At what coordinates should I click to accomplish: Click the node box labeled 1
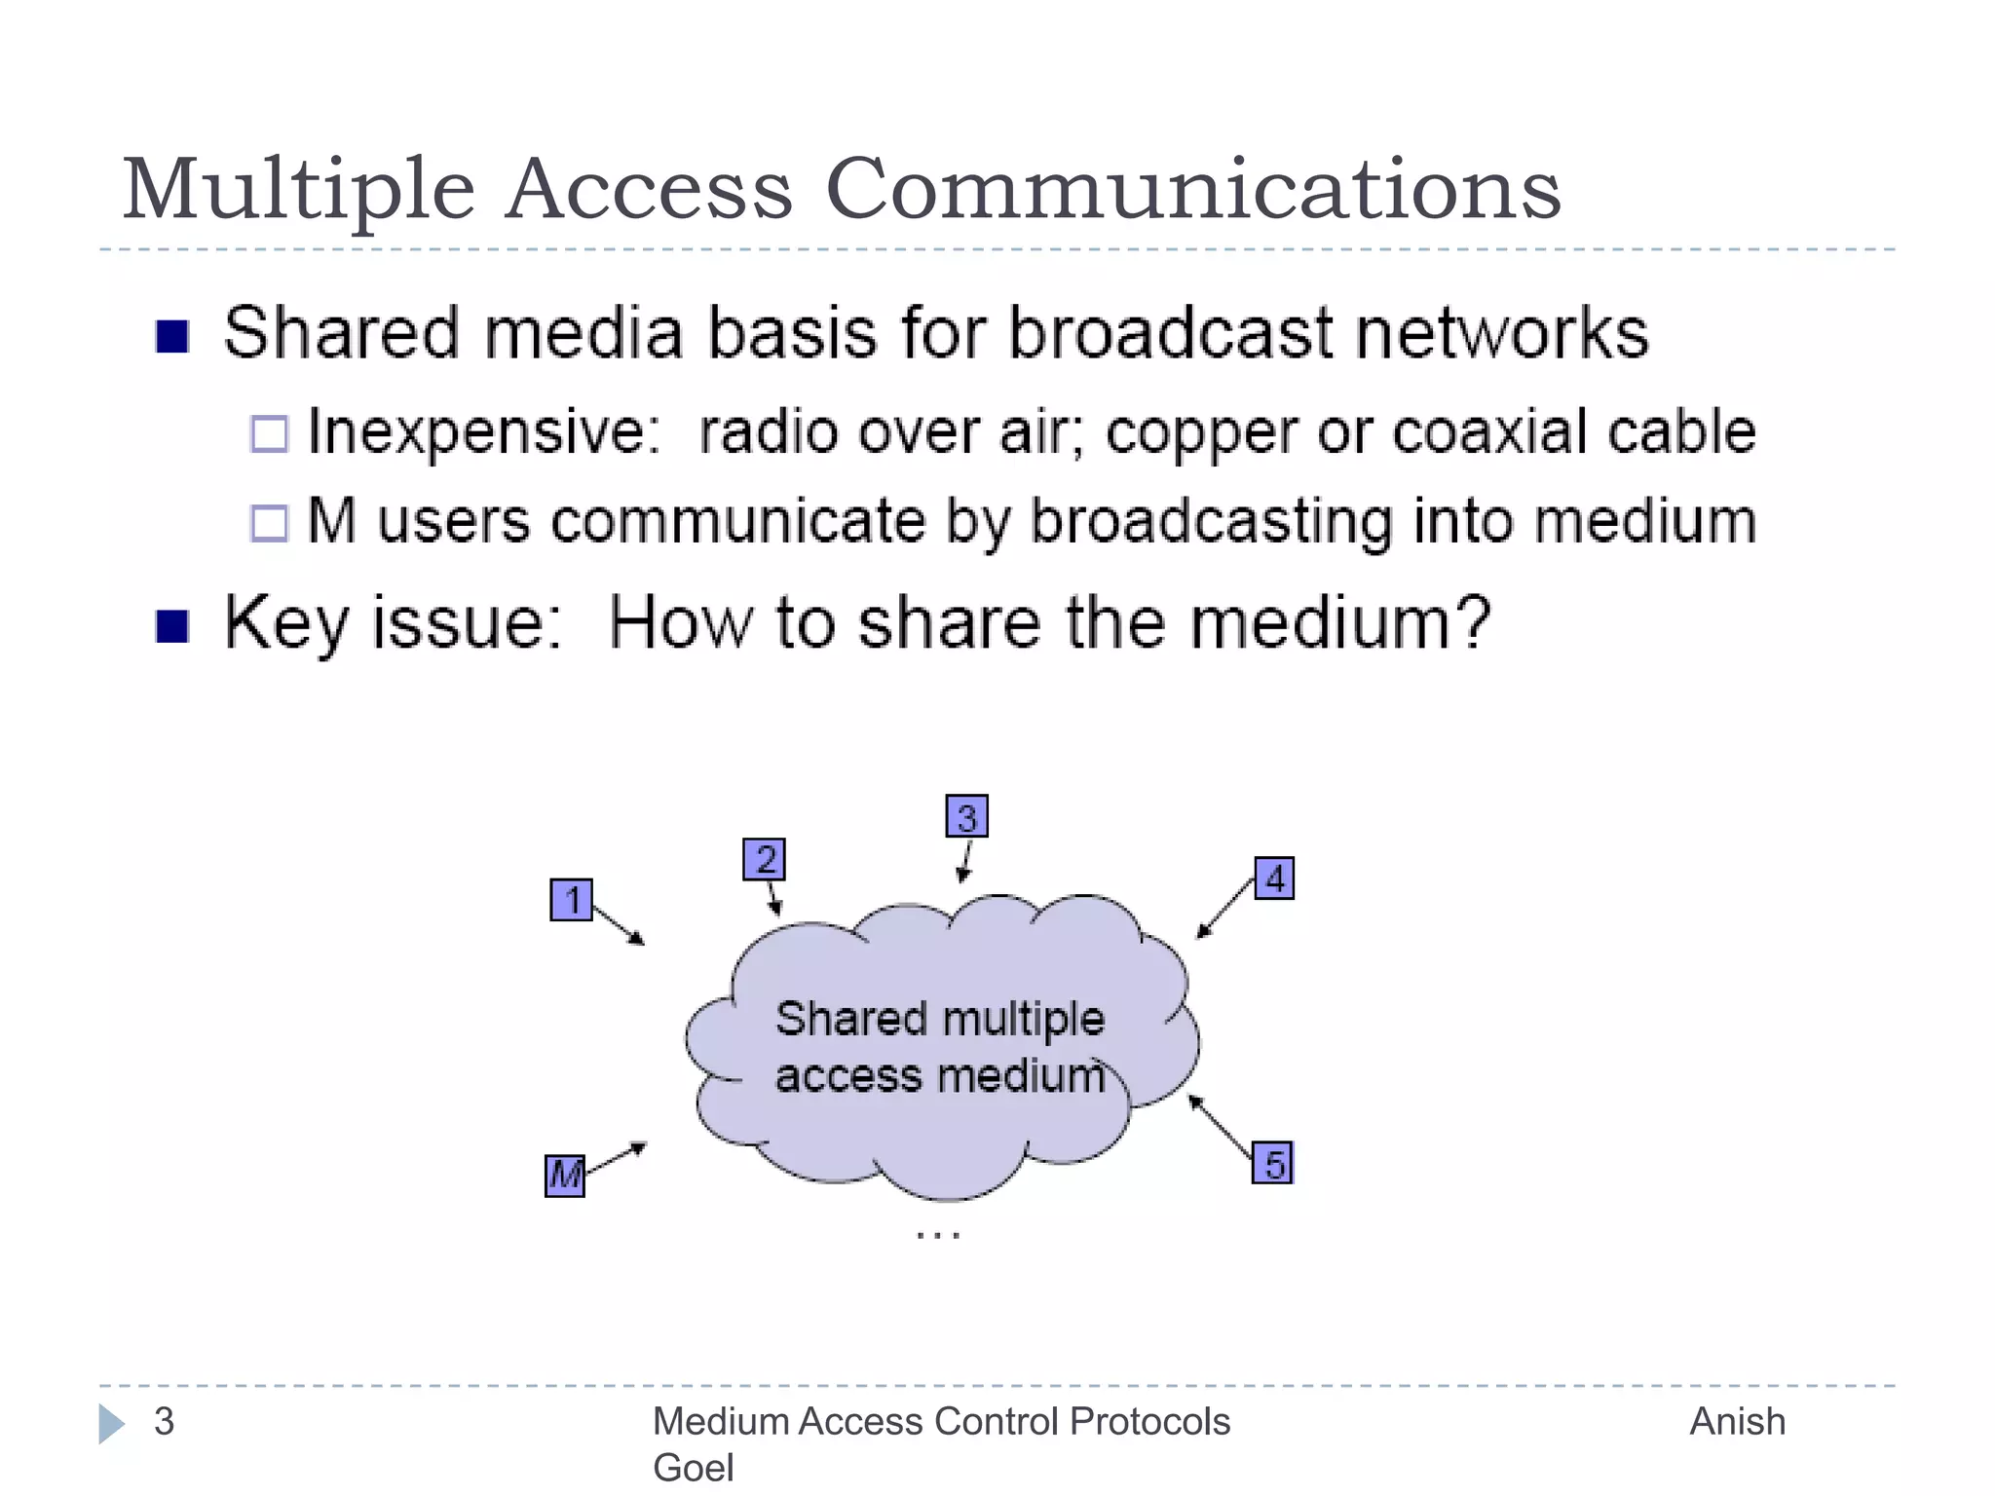571,900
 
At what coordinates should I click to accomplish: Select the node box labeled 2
764,859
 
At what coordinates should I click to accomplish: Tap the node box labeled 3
966,816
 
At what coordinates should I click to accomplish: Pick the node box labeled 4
1274,879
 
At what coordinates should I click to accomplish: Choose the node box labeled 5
1272,1163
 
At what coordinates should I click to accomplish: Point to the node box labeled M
565,1176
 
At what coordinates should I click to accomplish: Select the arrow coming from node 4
1224,909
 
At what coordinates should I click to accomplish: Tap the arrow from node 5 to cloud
1221,1128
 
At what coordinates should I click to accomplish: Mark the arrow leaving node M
616,1157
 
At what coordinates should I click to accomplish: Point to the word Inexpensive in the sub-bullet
484,431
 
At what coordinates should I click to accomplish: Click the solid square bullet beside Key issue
172,626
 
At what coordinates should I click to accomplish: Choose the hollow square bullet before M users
270,523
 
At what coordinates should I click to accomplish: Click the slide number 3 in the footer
164,1422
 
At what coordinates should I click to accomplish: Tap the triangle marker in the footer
111,1424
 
